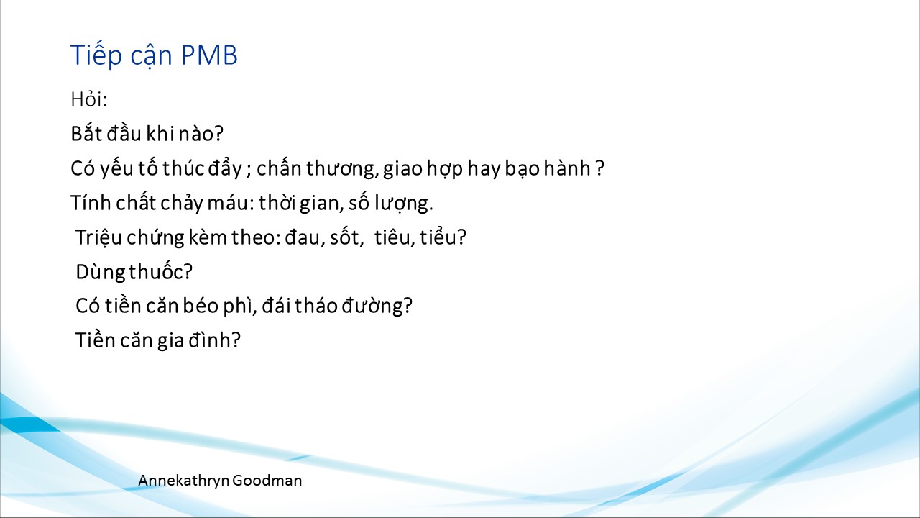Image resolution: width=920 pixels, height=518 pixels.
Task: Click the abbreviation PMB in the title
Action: tap(209, 55)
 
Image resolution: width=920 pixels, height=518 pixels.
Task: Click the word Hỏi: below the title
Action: tap(88, 99)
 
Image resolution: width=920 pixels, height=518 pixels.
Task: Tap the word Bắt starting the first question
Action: tap(86, 133)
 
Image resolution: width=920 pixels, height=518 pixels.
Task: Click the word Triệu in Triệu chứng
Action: tap(98, 237)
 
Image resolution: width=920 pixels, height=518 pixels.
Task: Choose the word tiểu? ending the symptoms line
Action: tap(443, 237)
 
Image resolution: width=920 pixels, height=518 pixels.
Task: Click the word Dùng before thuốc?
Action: tap(101, 272)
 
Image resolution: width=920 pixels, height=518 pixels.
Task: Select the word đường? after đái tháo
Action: tap(377, 306)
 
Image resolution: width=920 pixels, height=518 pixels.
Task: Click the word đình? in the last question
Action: tap(214, 340)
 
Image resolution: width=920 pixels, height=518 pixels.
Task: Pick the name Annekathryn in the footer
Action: tap(183, 481)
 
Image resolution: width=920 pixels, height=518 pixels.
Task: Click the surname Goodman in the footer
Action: tap(267, 480)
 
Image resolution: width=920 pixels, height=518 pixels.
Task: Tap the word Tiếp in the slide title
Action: tap(96, 55)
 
